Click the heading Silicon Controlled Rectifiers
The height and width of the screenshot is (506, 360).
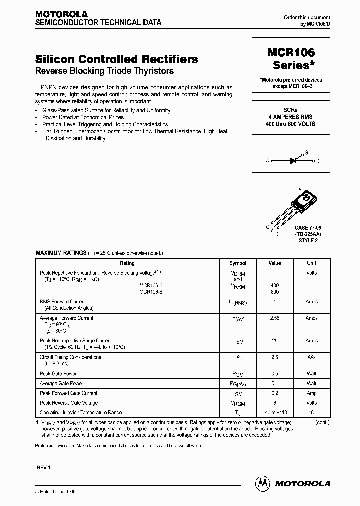(x=117, y=59)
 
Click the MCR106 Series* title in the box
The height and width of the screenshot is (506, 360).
(x=294, y=58)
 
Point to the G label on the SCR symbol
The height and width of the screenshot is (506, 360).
(x=306, y=152)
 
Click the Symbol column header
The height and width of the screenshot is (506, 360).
(x=238, y=263)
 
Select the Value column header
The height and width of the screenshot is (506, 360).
(x=275, y=263)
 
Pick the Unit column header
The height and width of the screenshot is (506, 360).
(x=311, y=263)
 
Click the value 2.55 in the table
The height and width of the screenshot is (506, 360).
(x=275, y=318)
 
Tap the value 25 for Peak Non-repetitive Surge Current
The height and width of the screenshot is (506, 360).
(x=275, y=341)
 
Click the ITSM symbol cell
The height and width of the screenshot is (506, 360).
(x=238, y=341)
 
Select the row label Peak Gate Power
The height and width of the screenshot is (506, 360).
(x=58, y=374)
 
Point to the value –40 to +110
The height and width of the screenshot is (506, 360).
(x=275, y=413)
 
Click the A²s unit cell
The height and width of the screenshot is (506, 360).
(x=311, y=358)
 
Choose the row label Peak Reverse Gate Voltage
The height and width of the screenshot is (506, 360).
(x=69, y=403)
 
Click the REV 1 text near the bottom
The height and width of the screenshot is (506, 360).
(x=44, y=467)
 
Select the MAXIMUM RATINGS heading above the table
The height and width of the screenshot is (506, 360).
(x=61, y=253)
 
